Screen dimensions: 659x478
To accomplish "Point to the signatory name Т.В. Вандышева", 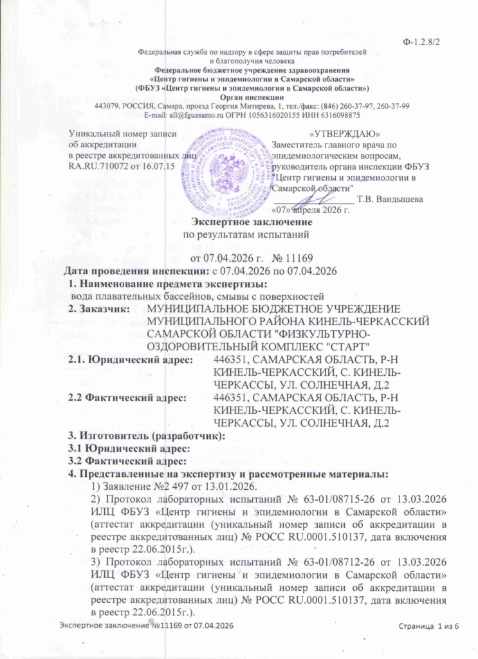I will coord(391,199).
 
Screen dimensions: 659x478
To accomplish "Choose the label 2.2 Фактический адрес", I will coord(127,398).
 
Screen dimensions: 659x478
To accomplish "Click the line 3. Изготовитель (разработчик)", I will coord(147,437).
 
